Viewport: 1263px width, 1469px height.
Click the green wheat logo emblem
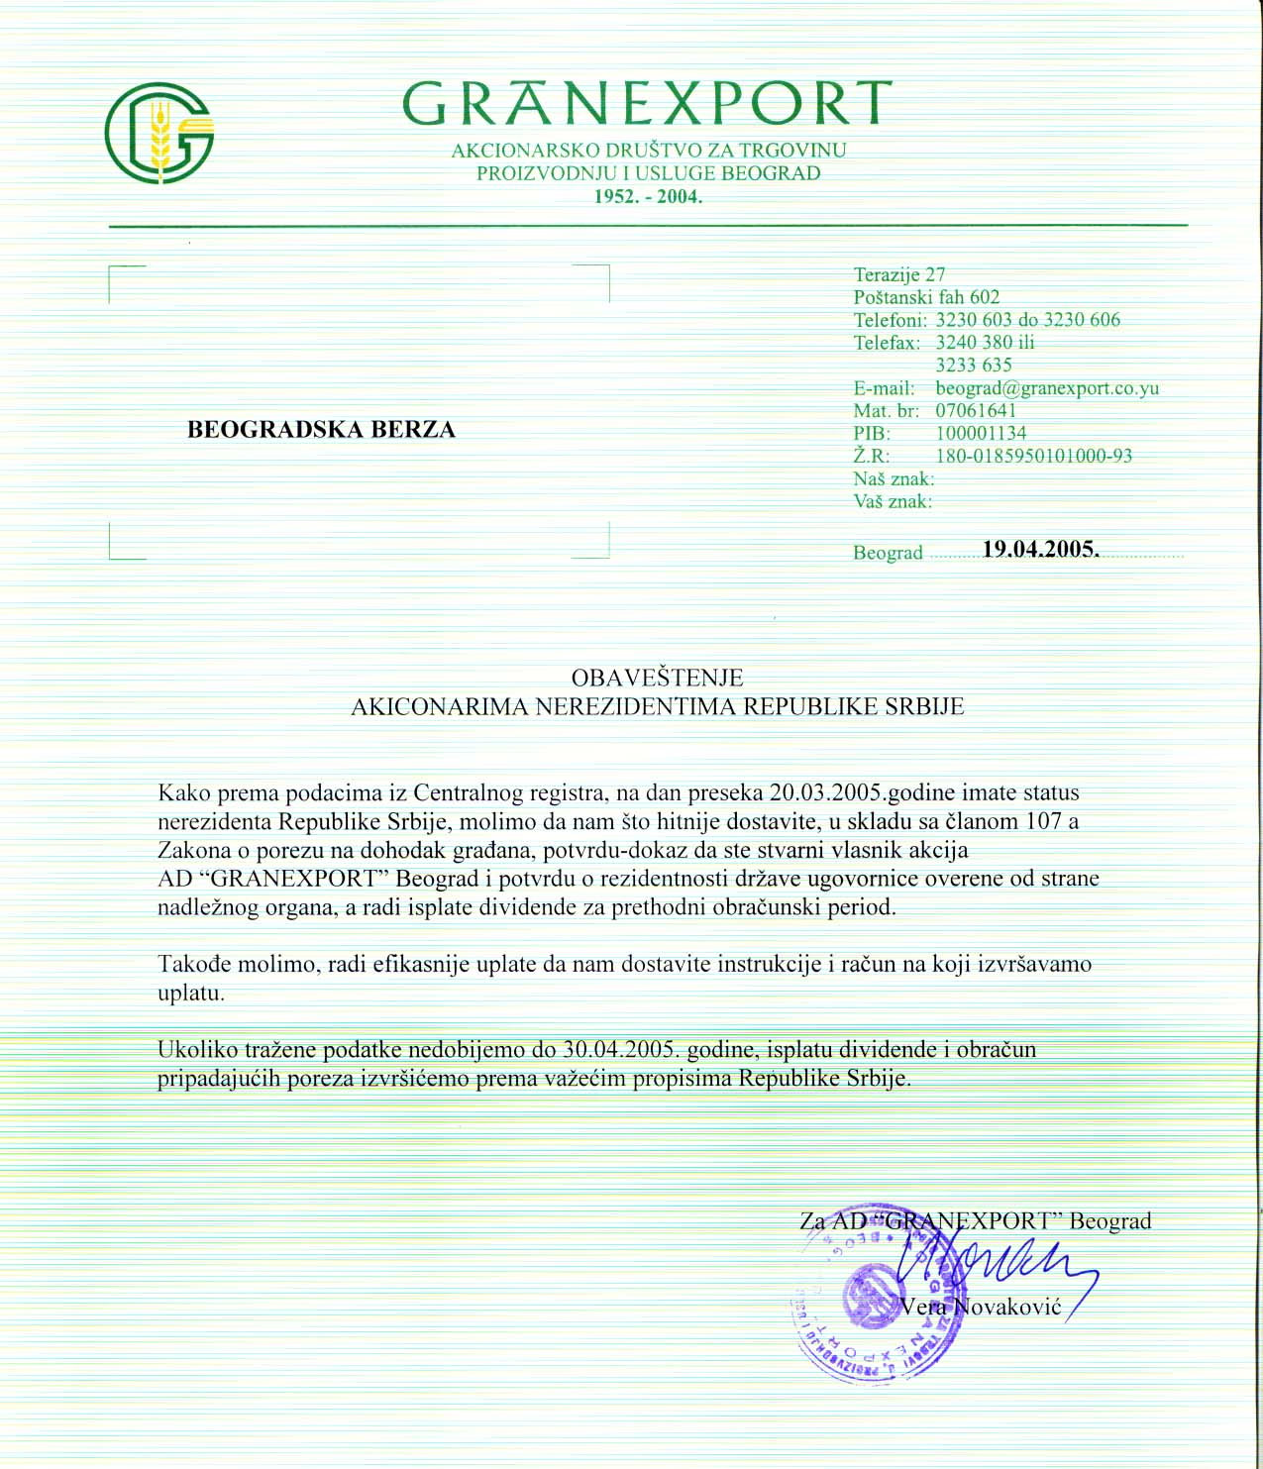pyautogui.click(x=159, y=133)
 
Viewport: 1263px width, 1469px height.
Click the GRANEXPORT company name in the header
pyautogui.click(x=647, y=104)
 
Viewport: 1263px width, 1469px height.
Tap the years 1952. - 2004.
pyautogui.click(x=648, y=196)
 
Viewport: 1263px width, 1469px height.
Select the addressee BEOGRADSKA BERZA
pyautogui.click(x=321, y=430)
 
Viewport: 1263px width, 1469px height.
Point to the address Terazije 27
pyautogui.click(x=899, y=274)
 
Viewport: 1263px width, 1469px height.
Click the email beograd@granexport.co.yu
pyautogui.click(x=1047, y=388)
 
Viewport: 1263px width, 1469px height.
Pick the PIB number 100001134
pyautogui.click(x=981, y=433)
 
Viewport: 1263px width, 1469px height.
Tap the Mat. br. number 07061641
pyautogui.click(x=976, y=410)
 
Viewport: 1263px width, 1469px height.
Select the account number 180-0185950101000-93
pyautogui.click(x=1033, y=456)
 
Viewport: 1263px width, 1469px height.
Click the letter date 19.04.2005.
pyautogui.click(x=1040, y=550)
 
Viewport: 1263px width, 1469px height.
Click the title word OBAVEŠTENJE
pyautogui.click(x=657, y=678)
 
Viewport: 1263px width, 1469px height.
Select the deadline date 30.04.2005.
pyautogui.click(x=620, y=1050)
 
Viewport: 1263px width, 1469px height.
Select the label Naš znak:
pyautogui.click(x=894, y=479)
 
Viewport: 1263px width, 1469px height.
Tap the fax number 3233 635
pyautogui.click(x=974, y=365)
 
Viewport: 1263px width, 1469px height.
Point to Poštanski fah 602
pyautogui.click(x=926, y=297)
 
